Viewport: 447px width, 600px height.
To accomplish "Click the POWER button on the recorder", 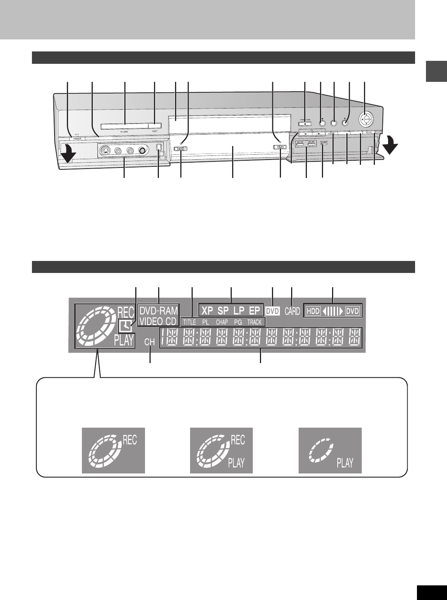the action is pyautogui.click(x=77, y=138).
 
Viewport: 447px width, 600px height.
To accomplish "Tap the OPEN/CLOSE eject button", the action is pyautogui.click(x=305, y=124).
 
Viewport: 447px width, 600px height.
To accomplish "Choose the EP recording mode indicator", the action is pyautogui.click(x=254, y=311).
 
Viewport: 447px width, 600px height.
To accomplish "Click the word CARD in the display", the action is pyautogui.click(x=292, y=311).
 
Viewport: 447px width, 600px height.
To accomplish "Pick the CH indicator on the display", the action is pyautogui.click(x=150, y=342).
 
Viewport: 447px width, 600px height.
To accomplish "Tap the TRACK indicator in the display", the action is pyautogui.click(x=254, y=322).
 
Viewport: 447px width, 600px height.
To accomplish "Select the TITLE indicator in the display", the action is pyautogui.click(x=189, y=322).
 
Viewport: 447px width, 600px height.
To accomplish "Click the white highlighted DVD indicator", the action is pyautogui.click(x=273, y=311).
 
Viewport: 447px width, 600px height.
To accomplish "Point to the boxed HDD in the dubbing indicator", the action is pyautogui.click(x=313, y=311).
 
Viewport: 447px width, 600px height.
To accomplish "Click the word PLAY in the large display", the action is pyautogui.click(x=124, y=340).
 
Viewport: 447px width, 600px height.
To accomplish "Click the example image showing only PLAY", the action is pyautogui.click(x=330, y=450).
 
